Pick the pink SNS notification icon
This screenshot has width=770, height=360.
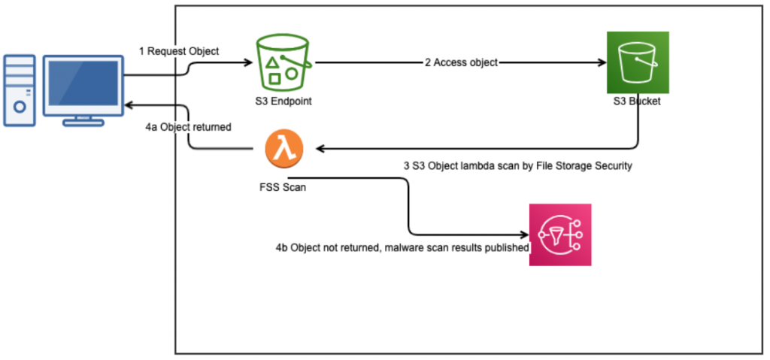click(x=559, y=234)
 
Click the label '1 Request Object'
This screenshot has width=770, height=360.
click(x=179, y=51)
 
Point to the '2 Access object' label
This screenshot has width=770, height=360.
click(x=461, y=63)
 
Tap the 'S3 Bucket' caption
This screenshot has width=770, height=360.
click(x=638, y=101)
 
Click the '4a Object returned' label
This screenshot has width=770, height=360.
click(x=188, y=128)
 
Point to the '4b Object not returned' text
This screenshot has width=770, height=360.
click(x=402, y=247)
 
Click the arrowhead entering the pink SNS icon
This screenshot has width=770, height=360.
click(x=524, y=234)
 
